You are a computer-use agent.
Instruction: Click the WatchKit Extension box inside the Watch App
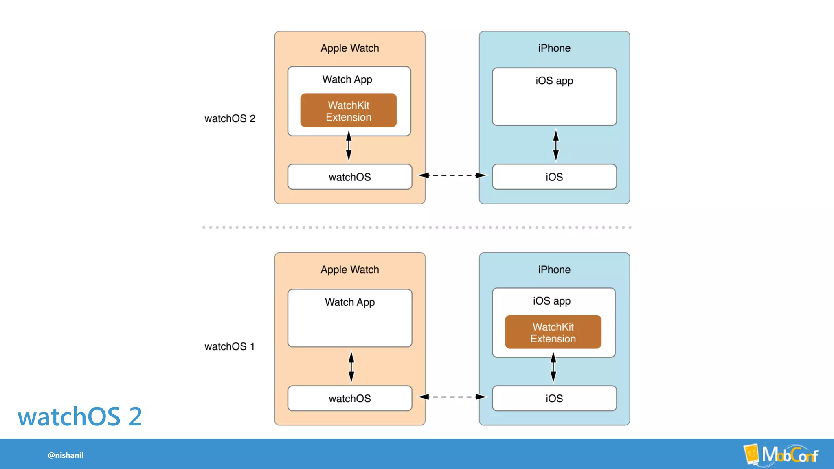point(349,111)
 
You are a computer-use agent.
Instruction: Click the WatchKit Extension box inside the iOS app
point(553,332)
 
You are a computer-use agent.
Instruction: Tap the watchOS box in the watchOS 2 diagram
point(350,177)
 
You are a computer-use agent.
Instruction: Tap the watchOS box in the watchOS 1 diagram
point(350,399)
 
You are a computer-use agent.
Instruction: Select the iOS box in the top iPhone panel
point(554,177)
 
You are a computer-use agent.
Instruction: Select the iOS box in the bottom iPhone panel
point(554,399)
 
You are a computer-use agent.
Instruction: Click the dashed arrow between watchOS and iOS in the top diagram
point(452,175)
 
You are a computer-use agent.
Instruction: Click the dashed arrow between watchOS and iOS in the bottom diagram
point(452,397)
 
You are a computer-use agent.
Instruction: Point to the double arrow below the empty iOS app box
point(556,145)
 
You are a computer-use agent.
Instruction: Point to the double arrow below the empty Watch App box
point(351,367)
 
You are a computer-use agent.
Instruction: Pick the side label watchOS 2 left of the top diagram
point(230,118)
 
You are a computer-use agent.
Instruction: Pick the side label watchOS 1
point(230,346)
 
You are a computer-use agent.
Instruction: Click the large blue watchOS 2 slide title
point(80,416)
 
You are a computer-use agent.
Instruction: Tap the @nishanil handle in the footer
point(66,455)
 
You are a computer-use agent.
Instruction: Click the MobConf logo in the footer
point(781,454)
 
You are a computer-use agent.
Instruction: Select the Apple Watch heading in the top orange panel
point(350,48)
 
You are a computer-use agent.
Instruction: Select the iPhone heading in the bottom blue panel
point(554,270)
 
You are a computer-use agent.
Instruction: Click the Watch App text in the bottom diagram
point(350,302)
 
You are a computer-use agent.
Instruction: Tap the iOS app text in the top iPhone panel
point(554,81)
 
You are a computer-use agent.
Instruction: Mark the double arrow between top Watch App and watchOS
point(349,146)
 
